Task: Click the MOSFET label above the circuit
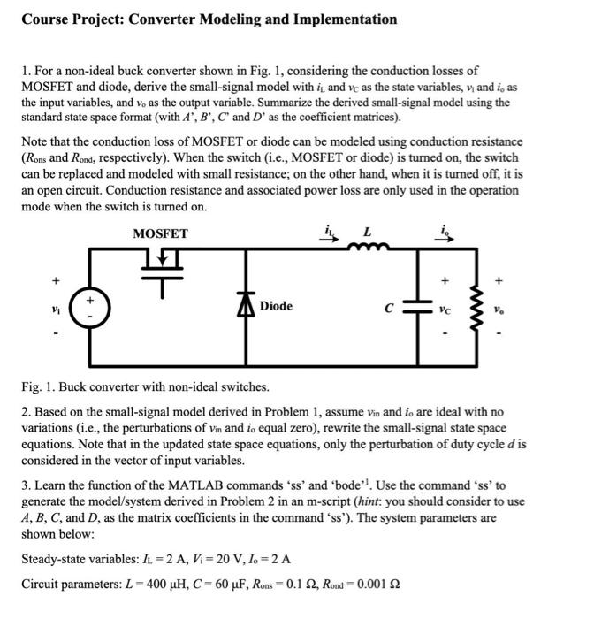[x=160, y=233]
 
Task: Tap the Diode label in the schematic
[x=276, y=306]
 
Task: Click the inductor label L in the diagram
[x=366, y=233]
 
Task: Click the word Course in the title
[x=46, y=19]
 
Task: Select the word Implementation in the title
[x=340, y=19]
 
